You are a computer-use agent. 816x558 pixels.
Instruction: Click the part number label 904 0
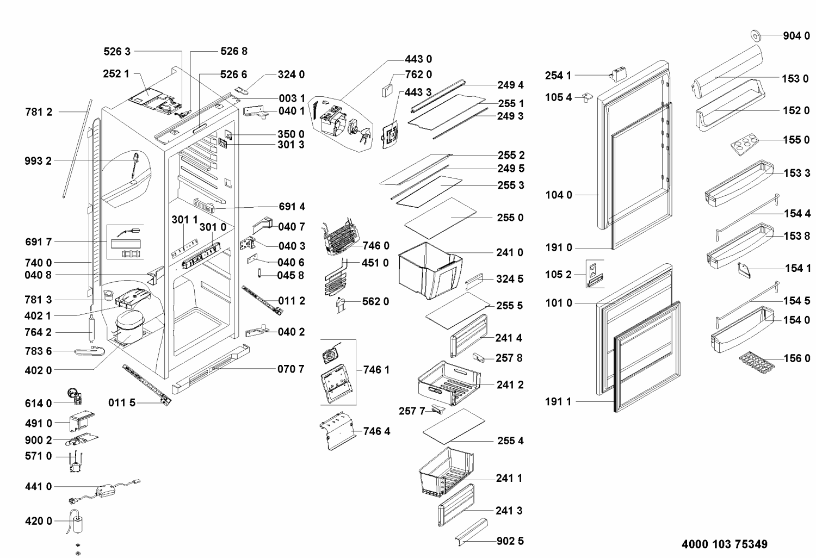[796, 36]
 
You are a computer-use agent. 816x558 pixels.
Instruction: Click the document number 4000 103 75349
[724, 544]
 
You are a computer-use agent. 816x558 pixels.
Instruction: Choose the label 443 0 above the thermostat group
[418, 59]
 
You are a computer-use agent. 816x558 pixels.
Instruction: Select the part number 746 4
[376, 431]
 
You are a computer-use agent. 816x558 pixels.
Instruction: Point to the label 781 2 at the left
[39, 112]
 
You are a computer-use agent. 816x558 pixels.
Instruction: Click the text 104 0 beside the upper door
[559, 195]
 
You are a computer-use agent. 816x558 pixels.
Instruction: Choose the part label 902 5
[510, 541]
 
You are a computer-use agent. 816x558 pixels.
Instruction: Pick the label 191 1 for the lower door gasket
[558, 402]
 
